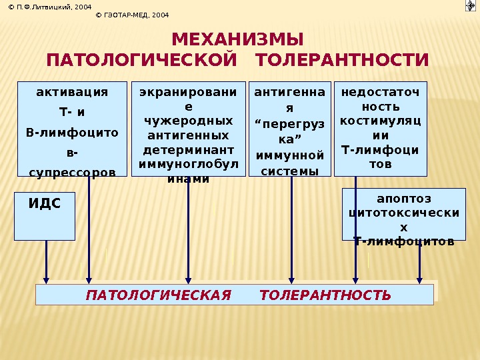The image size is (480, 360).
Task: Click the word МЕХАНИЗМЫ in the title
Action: [x=237, y=38]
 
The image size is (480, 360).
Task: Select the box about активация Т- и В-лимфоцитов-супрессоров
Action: [x=72, y=130]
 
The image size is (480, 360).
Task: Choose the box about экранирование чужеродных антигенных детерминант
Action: [x=189, y=129]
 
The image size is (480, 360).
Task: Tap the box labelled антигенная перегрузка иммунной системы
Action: [x=290, y=129]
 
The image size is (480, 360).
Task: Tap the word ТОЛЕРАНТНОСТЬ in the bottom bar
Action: [x=325, y=295]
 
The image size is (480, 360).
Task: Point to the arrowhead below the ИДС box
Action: [x=46, y=279]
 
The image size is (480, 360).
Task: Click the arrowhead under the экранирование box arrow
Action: [x=189, y=279]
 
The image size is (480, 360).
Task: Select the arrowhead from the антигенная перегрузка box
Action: [x=291, y=279]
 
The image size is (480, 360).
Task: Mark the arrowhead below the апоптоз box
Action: [x=419, y=279]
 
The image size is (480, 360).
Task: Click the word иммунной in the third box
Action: [x=290, y=156]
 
